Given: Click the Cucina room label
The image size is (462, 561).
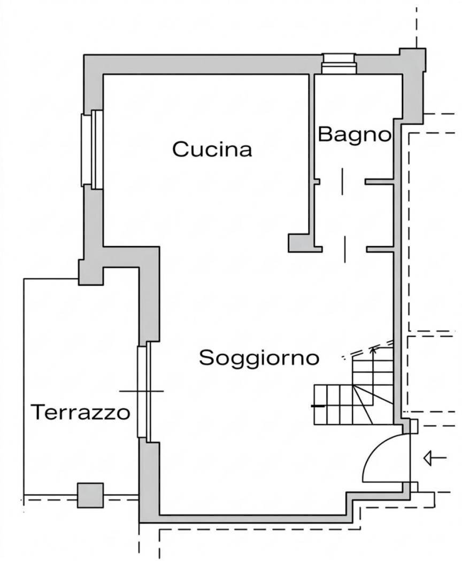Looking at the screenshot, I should tap(212, 150).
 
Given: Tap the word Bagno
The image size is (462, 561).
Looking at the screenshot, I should tap(354, 134).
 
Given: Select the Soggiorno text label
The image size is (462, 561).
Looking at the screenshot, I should tap(259, 357).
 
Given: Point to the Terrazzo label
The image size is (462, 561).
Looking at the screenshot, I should tap(80, 412).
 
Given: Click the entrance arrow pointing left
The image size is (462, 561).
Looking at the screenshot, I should tap(434, 458).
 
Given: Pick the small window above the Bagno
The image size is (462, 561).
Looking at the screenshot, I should tap(338, 64).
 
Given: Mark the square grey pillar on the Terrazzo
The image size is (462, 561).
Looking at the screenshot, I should tap(90, 495).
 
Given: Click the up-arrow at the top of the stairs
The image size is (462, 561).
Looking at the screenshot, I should tap(373, 351).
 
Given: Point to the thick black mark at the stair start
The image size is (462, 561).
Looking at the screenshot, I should tap(318, 407).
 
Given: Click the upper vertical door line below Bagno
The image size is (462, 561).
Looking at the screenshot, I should tap(341, 181).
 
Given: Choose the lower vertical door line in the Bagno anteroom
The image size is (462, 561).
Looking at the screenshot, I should tap(345, 248).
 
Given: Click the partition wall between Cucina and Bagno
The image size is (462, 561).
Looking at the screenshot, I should tap(312, 155).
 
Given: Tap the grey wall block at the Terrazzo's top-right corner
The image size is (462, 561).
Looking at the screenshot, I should tap(91, 272).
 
